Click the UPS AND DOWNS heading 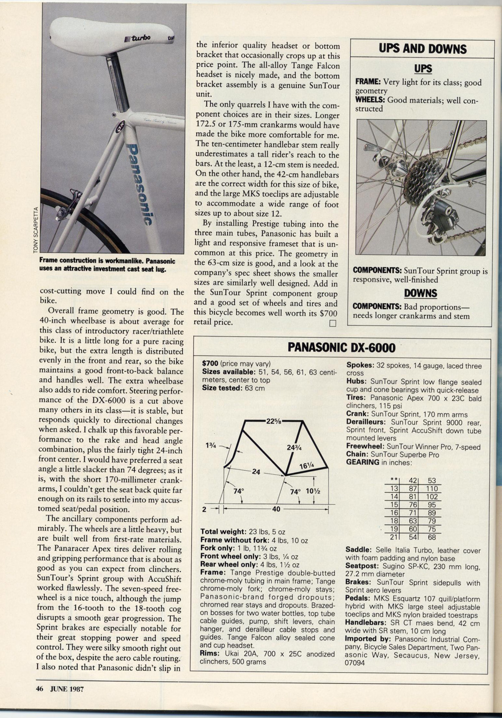tap(422, 49)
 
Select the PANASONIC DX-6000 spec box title tap(341, 347)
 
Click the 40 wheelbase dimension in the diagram tap(276, 509)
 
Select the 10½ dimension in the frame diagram tap(312, 491)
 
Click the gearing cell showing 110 tap(432, 489)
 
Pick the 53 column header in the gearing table tap(432, 481)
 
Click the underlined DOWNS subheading tap(421, 293)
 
